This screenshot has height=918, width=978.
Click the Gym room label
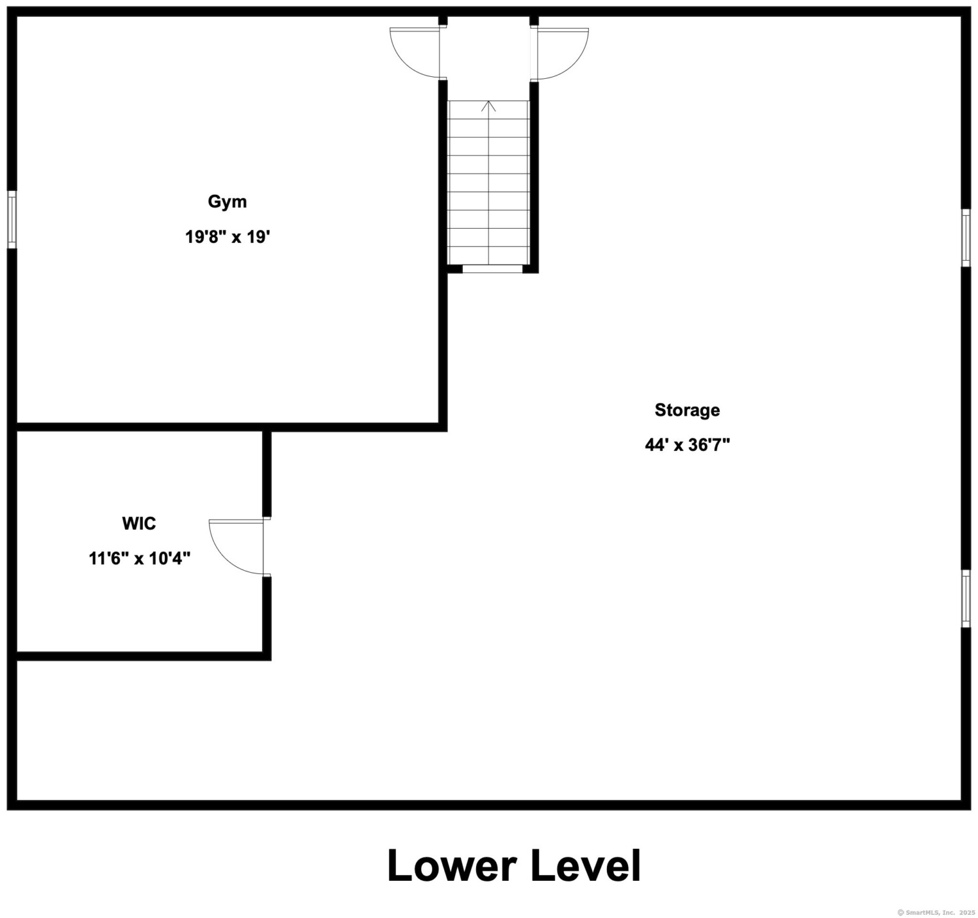(x=227, y=202)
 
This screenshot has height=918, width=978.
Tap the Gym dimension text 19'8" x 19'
(x=228, y=237)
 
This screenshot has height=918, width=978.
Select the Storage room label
(x=687, y=410)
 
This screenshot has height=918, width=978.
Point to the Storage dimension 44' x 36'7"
(x=687, y=446)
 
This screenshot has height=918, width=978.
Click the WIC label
(x=139, y=523)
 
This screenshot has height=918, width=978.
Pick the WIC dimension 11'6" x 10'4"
(x=140, y=558)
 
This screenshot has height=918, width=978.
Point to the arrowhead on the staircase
(x=488, y=106)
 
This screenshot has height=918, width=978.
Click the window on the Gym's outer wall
(x=12, y=220)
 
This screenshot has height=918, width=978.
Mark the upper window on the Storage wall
(x=966, y=238)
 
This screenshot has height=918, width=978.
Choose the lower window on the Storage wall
(x=966, y=599)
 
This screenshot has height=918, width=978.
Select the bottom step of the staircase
(x=488, y=255)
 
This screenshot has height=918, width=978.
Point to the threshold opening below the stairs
(x=492, y=269)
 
